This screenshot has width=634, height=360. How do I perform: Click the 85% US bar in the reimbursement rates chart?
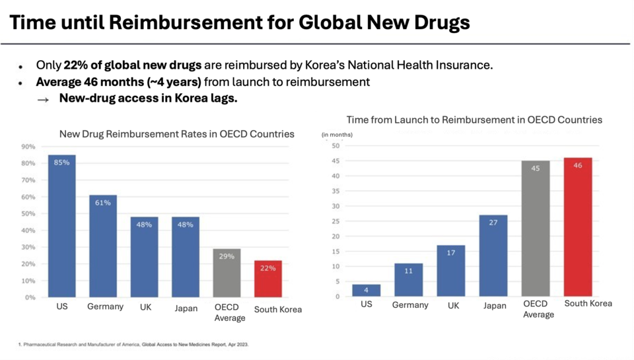(61, 226)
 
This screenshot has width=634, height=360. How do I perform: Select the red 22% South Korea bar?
(268, 279)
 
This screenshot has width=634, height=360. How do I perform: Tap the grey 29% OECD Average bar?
(227, 273)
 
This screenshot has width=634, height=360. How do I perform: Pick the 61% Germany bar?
(103, 246)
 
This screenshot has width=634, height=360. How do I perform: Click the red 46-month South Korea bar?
(578, 227)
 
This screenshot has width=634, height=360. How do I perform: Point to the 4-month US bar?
(367, 291)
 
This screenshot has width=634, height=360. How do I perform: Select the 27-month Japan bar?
(493, 256)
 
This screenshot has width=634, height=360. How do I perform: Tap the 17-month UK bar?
(451, 271)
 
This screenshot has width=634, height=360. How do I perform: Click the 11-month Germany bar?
(409, 280)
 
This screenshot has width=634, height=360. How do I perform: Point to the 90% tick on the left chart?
(28, 147)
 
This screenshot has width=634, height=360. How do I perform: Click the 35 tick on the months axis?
(335, 191)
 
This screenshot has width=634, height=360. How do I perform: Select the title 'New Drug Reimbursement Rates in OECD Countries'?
(177, 134)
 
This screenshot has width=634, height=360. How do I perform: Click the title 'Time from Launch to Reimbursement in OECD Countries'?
(474, 120)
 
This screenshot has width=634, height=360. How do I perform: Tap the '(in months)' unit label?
(337, 135)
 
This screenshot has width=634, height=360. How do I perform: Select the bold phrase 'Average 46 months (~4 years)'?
(118, 82)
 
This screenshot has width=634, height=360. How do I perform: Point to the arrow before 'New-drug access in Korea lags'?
(43, 99)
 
